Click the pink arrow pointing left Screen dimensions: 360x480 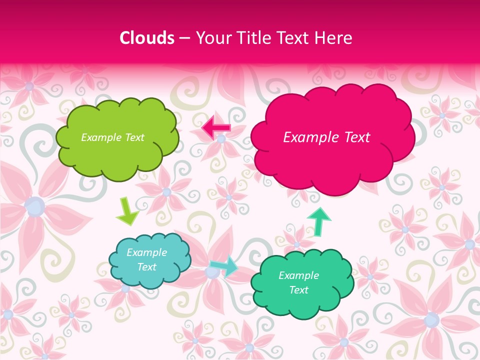pos(216,128)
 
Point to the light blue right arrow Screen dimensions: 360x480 pos(224,266)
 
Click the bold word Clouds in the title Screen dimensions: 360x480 pos(147,38)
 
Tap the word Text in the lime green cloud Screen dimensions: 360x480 pos(133,137)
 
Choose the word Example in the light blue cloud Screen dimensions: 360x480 pos(147,252)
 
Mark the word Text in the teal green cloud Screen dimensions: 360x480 pos(299,290)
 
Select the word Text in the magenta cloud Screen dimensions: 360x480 pos(355,137)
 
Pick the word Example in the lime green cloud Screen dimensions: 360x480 pos(101,137)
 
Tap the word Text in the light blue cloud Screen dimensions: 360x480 pos(147,267)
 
